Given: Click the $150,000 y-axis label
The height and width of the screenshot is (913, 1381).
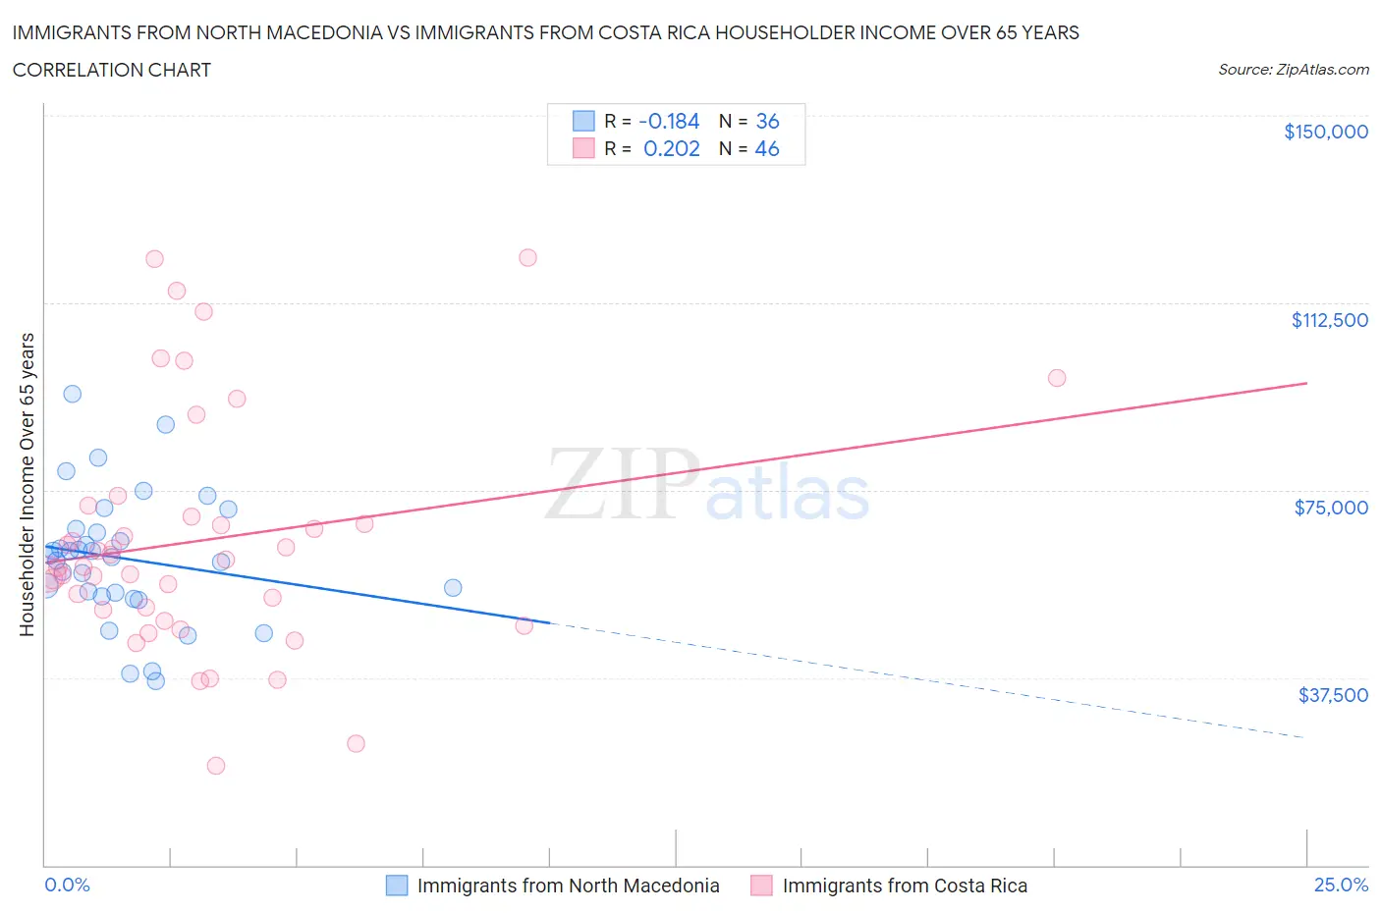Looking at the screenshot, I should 1325,132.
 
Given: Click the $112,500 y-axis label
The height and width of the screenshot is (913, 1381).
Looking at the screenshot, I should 1329,320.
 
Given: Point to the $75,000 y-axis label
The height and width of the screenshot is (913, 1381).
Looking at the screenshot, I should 1331,508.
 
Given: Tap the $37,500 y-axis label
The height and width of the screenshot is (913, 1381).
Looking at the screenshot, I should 1332,695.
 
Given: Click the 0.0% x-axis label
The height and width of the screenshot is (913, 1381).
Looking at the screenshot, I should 67,885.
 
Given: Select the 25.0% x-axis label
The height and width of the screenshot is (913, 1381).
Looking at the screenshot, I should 1341,885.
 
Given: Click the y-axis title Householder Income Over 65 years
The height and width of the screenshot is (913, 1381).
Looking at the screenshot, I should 28,484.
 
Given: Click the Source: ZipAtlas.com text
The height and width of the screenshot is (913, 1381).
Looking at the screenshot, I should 1293,70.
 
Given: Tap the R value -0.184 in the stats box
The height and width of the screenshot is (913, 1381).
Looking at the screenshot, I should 669,121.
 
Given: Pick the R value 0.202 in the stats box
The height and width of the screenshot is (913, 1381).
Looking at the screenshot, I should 671,148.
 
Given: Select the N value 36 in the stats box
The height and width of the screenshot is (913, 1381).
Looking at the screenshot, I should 767,121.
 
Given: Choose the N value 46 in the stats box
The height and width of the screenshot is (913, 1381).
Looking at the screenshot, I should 767,148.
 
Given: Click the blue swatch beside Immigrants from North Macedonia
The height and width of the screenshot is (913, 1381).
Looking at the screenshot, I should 397,886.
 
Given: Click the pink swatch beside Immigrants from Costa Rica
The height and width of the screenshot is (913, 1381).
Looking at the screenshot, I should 761,886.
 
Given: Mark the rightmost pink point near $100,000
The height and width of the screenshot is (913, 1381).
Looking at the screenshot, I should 1057,378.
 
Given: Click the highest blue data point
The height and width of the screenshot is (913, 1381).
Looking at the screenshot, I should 72,394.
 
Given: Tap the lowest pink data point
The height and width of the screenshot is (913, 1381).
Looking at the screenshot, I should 216,766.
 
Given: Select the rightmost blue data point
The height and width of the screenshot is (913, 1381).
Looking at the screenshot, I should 453,588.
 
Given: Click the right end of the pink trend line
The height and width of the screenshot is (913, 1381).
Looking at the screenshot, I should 1306,383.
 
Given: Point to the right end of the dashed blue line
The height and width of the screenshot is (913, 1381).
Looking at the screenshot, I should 1305,737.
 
